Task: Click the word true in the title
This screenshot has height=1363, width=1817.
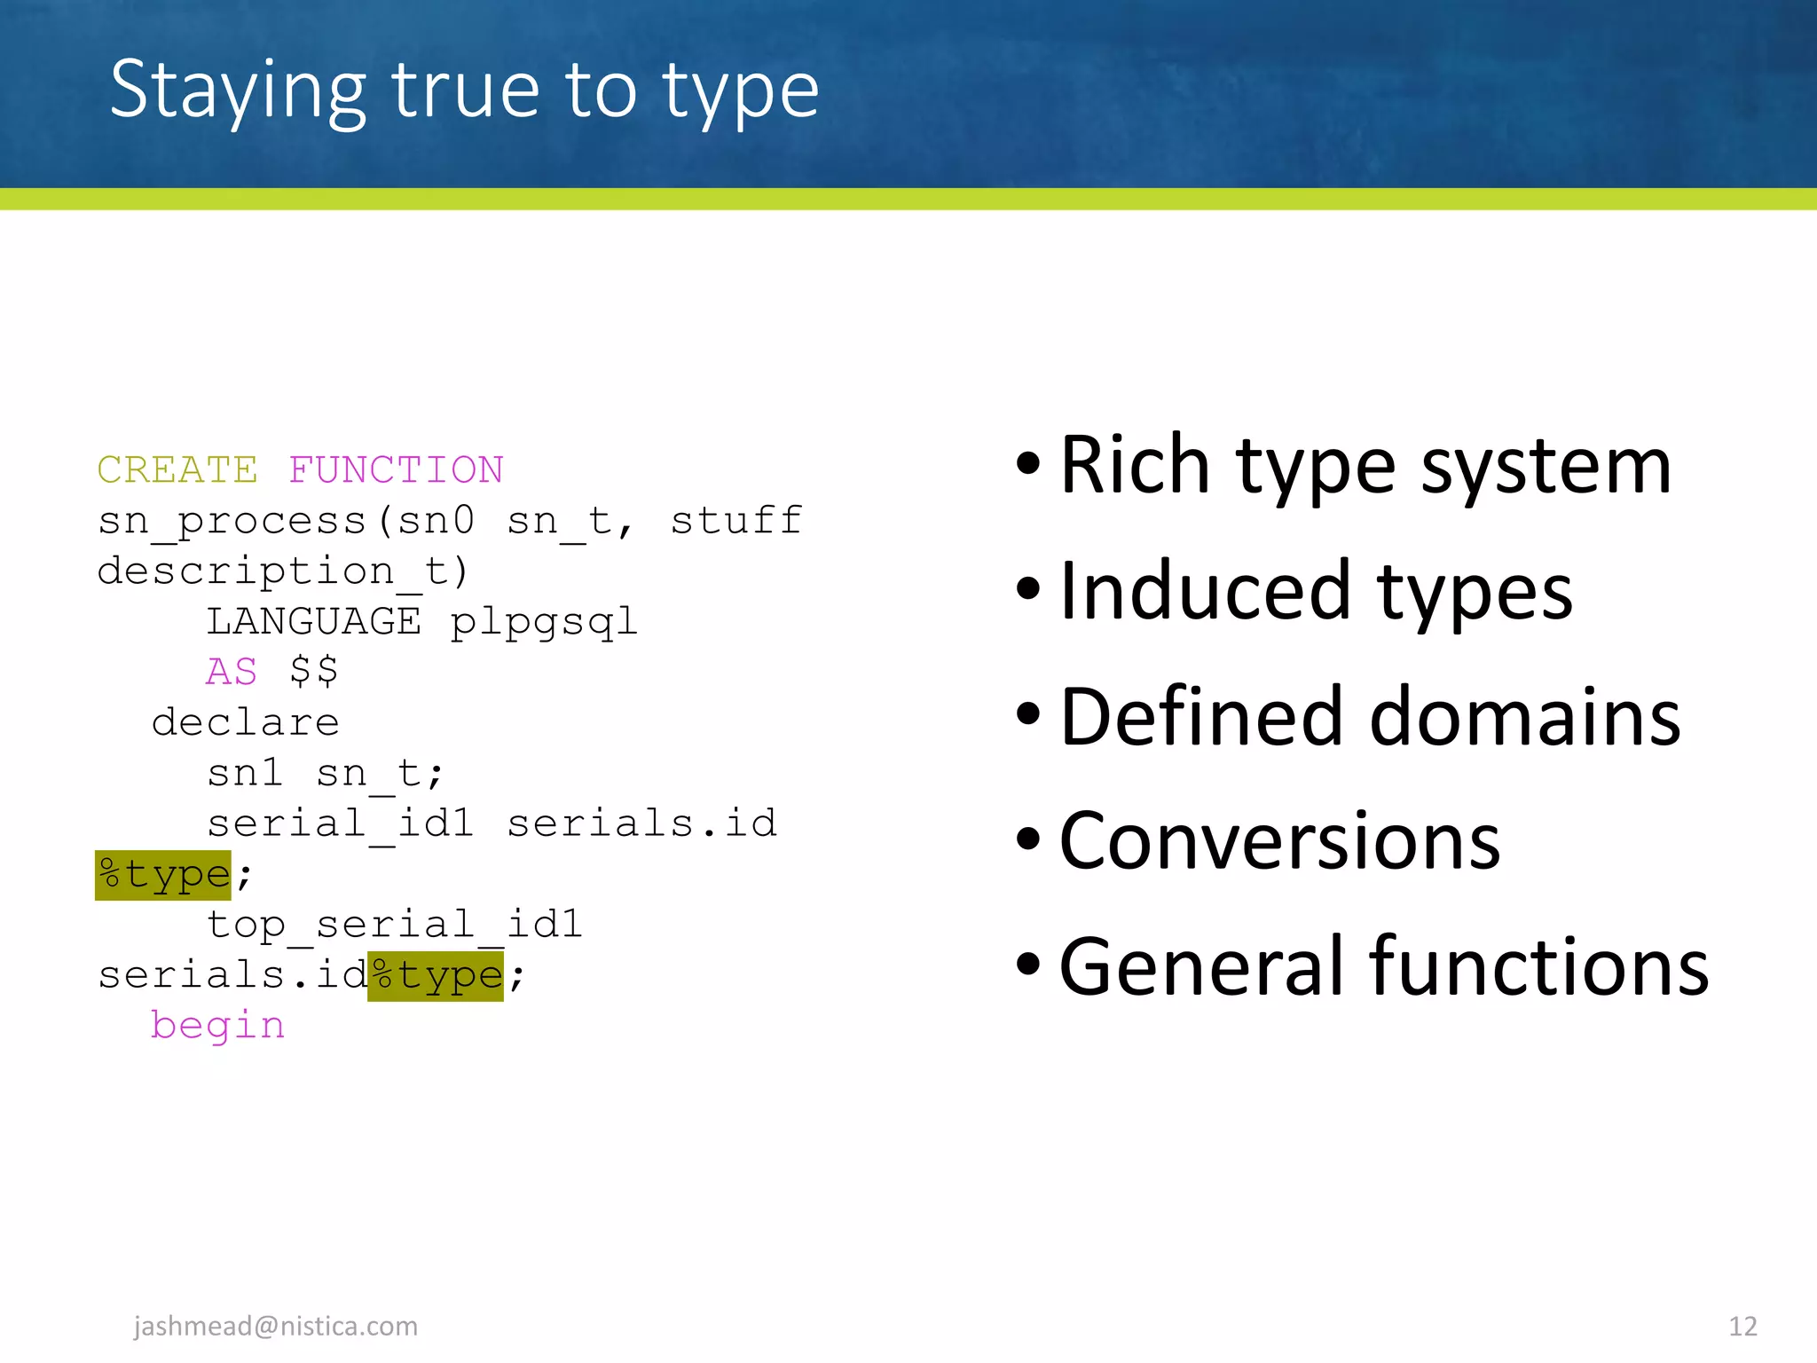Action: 465,91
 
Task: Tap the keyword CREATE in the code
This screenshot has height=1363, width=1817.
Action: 177,469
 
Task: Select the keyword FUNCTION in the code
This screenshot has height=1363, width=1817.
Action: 396,469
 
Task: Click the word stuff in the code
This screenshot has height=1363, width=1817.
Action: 736,520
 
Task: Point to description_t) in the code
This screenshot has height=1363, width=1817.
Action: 283,571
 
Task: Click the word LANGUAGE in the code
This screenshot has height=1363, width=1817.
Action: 314,621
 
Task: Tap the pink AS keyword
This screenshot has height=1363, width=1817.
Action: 232,672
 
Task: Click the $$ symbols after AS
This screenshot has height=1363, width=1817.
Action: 314,672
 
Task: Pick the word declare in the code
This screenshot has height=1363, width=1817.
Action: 246,722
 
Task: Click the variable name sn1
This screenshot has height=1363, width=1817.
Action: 245,773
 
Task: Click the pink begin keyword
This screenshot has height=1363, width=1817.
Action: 218,1026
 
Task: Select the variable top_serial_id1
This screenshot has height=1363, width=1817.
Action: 395,925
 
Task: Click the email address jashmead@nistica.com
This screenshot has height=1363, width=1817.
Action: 276,1326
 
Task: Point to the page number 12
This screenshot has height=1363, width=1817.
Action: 1742,1326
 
